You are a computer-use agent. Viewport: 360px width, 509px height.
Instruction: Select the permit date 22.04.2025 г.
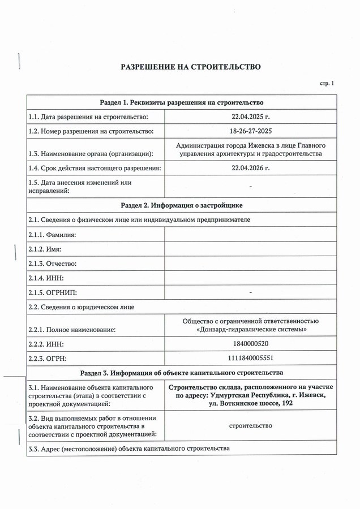click(251, 117)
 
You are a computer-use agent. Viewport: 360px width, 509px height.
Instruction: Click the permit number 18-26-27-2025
click(251, 131)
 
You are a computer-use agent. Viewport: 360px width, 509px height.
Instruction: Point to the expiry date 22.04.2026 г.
click(251, 168)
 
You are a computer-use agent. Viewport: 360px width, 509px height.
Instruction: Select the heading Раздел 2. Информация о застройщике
click(182, 204)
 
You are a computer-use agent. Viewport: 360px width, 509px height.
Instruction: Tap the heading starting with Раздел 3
click(182, 373)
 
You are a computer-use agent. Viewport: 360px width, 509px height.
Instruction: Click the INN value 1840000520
click(251, 344)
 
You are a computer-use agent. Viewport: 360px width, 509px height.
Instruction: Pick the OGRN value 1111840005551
click(251, 359)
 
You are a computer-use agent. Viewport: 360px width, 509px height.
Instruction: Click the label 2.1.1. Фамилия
click(52, 234)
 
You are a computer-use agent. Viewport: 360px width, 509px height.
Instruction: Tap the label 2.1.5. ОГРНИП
click(52, 293)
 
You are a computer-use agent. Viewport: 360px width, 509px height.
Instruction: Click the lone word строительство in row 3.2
click(251, 425)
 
